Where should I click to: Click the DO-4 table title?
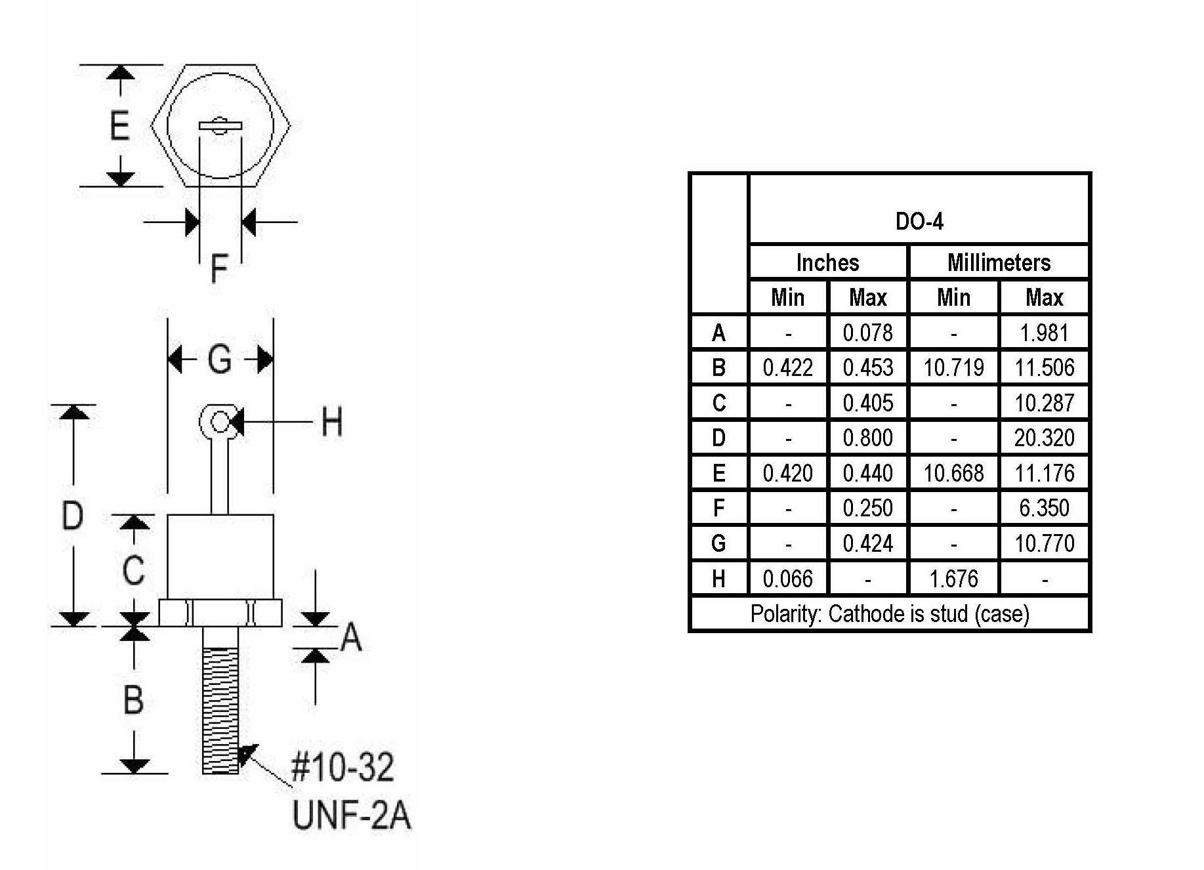point(919,222)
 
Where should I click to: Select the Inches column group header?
point(827,262)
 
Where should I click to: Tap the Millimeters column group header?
point(999,262)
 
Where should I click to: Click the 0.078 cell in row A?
point(867,333)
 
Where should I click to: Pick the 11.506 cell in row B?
point(1044,367)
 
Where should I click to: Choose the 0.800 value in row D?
point(867,438)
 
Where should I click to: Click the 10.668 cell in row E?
point(953,473)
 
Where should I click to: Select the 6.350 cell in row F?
point(1044,508)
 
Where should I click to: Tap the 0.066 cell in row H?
point(787,579)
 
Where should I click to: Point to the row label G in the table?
point(718,543)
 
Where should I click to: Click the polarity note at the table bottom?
point(890,614)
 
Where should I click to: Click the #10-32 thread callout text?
point(343,766)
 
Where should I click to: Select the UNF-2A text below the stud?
point(352,816)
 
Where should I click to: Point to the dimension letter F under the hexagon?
point(219,268)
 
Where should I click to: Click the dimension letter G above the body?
point(220,360)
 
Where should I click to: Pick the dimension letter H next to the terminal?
point(332,422)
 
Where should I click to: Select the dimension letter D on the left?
point(72,515)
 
